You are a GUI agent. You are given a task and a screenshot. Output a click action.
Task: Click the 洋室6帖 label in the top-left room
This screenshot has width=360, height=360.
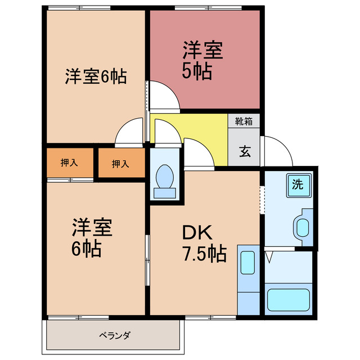click(95, 76)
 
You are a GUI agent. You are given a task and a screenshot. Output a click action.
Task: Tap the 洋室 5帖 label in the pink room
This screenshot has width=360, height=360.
click(202, 60)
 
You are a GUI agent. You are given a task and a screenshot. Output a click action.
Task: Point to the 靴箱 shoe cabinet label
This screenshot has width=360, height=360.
click(244, 120)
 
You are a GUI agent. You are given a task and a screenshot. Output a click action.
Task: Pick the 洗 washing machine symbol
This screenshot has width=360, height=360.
click(298, 184)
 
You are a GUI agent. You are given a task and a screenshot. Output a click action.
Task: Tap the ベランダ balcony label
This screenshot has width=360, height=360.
click(115, 336)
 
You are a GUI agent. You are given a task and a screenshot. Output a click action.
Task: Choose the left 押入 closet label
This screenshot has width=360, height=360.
click(69, 163)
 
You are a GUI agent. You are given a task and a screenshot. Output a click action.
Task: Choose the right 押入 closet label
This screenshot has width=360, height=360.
click(120, 164)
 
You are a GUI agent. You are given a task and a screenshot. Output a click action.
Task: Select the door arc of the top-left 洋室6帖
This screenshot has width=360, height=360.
click(129, 133)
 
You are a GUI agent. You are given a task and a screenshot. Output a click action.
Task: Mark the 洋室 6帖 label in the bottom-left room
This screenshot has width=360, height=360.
click(92, 238)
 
